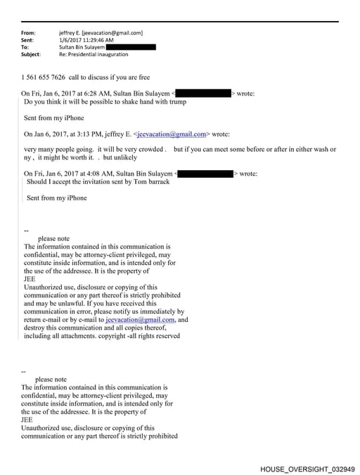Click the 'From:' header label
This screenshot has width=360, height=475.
point(28,32)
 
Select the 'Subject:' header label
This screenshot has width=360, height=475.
point(31,53)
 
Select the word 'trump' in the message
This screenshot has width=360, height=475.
point(177,102)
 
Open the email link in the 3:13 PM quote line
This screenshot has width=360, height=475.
point(172,134)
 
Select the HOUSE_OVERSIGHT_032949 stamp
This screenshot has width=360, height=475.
point(307,468)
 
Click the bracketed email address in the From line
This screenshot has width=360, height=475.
point(112,32)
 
